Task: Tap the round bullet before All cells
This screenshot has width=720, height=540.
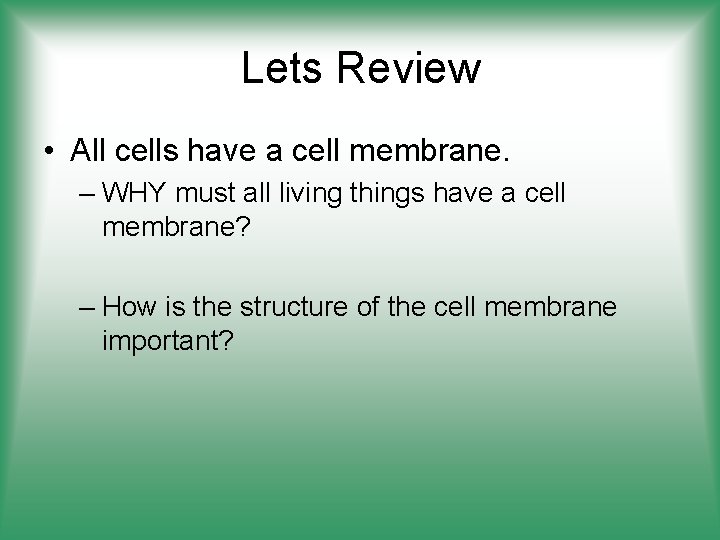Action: click(49, 151)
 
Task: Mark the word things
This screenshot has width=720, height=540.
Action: click(382, 191)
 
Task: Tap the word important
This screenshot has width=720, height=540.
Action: click(162, 342)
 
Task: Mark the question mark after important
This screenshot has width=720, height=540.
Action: click(229, 342)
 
